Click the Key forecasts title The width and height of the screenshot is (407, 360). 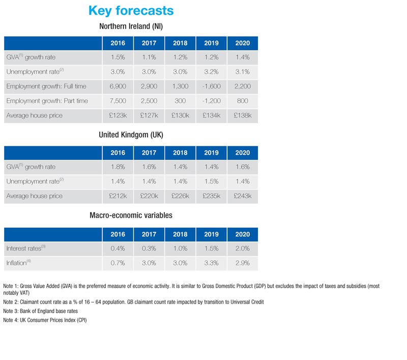tap(131, 10)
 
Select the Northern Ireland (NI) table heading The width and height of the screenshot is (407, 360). tap(131, 26)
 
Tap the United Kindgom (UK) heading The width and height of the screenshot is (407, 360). tap(131, 135)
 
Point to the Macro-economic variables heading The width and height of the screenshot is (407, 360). tap(131, 216)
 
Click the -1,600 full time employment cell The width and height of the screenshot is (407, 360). tap(211, 86)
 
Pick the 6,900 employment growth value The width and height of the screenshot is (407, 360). tap(118, 86)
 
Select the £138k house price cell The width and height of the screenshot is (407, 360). tap(242, 115)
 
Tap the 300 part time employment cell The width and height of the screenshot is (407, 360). tap(180, 101)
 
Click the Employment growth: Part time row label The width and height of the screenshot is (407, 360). tap(47, 101)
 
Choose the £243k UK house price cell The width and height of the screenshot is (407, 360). tap(242, 196)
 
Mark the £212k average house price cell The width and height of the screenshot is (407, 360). tap(118, 196)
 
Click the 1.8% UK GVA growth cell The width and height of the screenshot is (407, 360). tap(118, 167)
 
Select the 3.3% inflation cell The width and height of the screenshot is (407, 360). tap(211, 263)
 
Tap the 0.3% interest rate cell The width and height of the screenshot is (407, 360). tap(149, 249)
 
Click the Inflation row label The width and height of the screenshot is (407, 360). tap(19, 263)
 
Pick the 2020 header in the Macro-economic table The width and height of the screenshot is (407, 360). tap(242, 234)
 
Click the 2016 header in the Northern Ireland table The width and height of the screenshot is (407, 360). tap(118, 43)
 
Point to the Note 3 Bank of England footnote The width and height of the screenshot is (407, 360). tap(40, 311)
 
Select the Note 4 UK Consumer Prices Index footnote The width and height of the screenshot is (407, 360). tap(45, 320)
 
